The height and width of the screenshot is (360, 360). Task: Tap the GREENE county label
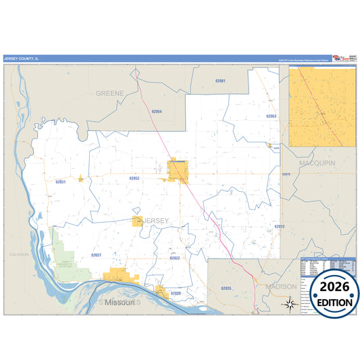(x=110, y=93)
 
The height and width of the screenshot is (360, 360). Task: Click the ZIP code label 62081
(x=221, y=80)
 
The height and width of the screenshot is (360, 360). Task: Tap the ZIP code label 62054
(x=157, y=111)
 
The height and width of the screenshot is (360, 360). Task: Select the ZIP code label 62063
(x=271, y=116)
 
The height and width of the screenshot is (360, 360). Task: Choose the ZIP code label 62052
(x=134, y=178)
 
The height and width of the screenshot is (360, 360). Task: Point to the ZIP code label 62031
(x=61, y=182)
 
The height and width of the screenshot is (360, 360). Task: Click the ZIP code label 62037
(x=96, y=255)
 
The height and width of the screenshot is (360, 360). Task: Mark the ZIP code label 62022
(x=175, y=258)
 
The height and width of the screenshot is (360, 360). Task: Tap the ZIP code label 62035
(x=226, y=288)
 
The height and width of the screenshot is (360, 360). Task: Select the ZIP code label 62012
(x=280, y=226)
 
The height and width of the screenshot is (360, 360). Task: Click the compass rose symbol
(x=289, y=304)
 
